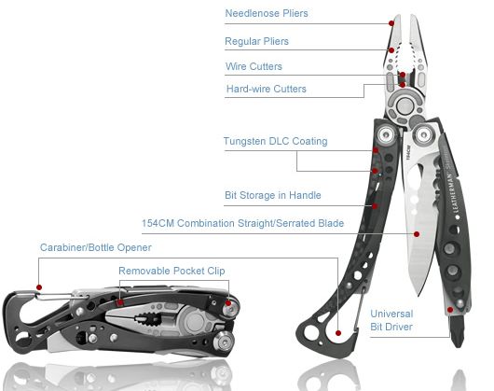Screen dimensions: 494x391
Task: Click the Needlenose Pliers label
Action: click(267, 13)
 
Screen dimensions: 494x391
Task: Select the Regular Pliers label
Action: click(256, 41)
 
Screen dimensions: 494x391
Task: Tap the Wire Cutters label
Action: click(254, 66)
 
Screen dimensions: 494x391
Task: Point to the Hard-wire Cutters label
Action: click(267, 89)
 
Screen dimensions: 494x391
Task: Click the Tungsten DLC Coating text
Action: click(276, 141)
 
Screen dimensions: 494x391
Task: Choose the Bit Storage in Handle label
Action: click(273, 195)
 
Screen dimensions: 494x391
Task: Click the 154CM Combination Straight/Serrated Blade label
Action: click(242, 223)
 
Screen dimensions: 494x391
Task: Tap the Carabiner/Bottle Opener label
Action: click(96, 247)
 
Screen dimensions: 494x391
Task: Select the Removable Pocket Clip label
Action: click(172, 271)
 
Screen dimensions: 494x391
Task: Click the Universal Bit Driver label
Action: click(391, 320)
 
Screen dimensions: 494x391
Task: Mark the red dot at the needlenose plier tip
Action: click(391, 23)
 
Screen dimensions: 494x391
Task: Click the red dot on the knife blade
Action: click(417, 234)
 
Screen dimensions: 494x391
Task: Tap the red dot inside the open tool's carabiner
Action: click(338, 333)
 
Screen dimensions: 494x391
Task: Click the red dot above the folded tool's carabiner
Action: click(39, 287)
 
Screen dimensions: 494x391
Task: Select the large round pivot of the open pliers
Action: click(405, 105)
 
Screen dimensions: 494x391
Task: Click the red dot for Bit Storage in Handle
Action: click(375, 206)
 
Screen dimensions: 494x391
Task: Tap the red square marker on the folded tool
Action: click(119, 302)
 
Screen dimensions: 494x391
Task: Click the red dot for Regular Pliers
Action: click(391, 50)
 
